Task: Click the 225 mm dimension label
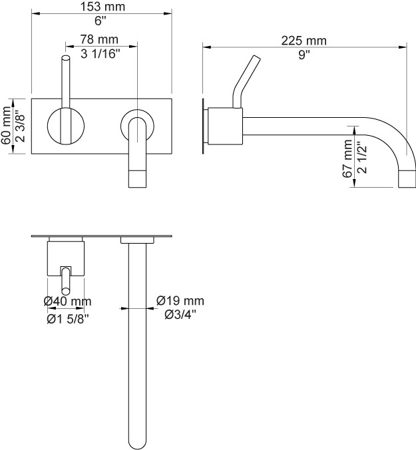point(304,41)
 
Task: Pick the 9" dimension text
point(304,55)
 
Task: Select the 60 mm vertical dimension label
point(7,126)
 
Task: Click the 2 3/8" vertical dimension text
point(20,126)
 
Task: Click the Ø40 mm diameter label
point(67,302)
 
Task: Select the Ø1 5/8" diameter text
point(67,318)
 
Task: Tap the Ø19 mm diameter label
point(180,301)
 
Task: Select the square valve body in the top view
point(66,258)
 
